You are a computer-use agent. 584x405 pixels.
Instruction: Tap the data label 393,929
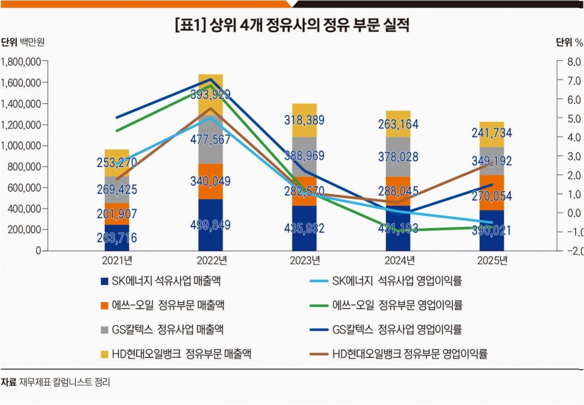[211, 94]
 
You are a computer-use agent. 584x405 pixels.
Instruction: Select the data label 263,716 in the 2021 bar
[117, 238]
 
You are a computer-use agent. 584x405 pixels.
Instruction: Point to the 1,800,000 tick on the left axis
[21, 62]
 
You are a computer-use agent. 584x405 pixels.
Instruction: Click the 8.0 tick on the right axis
[574, 62]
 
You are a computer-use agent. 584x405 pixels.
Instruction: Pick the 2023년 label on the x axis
[305, 261]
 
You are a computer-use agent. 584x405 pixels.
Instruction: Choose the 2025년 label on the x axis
[492, 261]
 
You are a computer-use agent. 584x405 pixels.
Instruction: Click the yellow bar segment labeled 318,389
[304, 121]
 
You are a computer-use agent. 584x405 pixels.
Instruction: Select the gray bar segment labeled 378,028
[398, 157]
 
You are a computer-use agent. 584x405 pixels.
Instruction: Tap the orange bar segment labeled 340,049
[211, 181]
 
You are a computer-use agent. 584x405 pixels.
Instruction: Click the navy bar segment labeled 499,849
[211, 225]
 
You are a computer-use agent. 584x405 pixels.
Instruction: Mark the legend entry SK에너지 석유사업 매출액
[161, 281]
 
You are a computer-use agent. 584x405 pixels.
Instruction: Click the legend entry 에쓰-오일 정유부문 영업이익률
[387, 305]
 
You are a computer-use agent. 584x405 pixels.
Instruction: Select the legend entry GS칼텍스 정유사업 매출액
[162, 330]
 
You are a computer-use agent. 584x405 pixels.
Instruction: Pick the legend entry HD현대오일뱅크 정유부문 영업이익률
[399, 354]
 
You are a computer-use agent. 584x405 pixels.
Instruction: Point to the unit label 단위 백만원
[23, 42]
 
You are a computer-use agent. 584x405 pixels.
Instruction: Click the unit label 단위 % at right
[569, 42]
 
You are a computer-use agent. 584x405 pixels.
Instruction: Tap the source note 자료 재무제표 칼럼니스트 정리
[55, 382]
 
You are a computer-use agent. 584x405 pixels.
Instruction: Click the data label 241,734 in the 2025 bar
[492, 133]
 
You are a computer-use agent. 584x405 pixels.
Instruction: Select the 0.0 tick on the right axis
[574, 213]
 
